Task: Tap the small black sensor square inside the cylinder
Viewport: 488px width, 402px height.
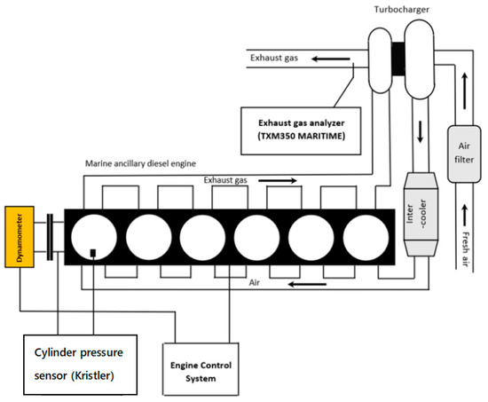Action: point(92,256)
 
